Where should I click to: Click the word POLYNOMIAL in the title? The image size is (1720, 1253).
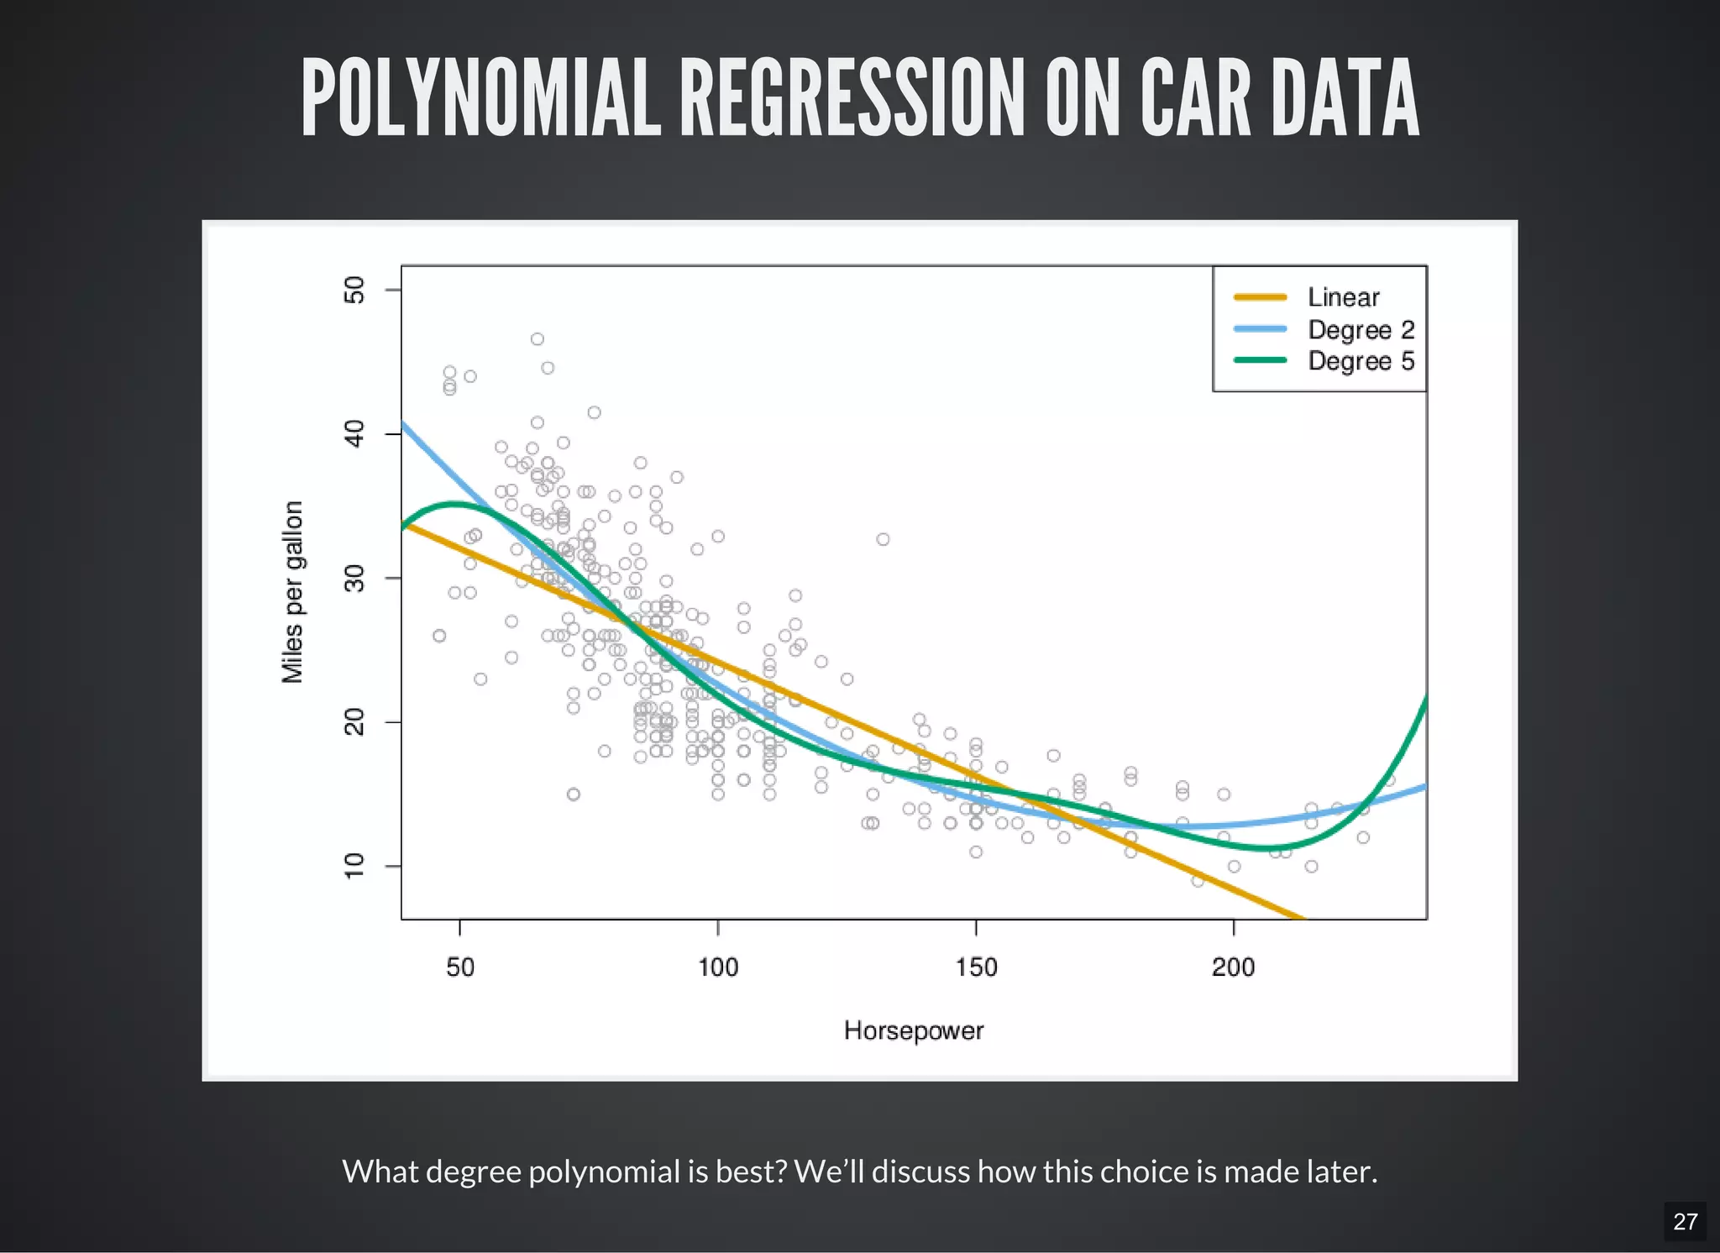[x=480, y=98]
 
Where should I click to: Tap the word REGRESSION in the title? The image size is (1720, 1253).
[x=852, y=98]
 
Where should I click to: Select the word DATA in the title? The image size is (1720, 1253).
[x=1345, y=98]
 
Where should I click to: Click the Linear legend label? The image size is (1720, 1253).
[x=1343, y=297]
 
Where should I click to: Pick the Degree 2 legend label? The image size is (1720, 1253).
[x=1361, y=329]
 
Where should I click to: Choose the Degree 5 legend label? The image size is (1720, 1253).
[x=1361, y=361]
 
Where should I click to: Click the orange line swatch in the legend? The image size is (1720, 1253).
[x=1260, y=297]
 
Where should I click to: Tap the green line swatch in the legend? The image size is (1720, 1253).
[x=1260, y=360]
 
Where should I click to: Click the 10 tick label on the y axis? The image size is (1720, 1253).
[x=354, y=866]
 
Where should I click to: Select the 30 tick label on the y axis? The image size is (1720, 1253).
[x=354, y=578]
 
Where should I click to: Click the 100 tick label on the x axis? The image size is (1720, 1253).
[x=718, y=967]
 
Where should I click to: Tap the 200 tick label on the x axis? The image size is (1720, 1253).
[x=1233, y=967]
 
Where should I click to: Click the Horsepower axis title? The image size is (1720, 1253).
[x=913, y=1030]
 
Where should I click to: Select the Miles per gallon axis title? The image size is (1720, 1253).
[x=292, y=592]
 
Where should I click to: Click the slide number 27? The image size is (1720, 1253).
[x=1685, y=1221]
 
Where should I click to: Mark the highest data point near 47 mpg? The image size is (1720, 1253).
[x=537, y=339]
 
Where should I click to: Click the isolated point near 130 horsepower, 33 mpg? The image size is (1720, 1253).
[x=883, y=539]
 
